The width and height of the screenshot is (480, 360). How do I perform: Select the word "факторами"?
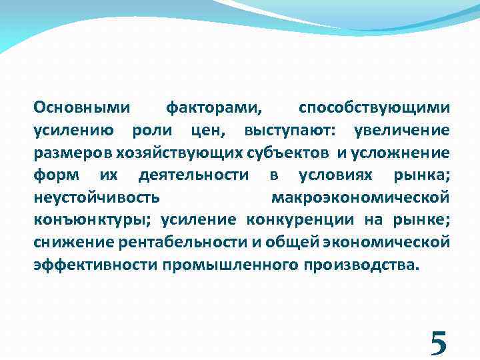(x=214, y=107)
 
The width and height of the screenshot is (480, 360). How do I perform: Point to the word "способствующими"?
(x=374, y=107)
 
